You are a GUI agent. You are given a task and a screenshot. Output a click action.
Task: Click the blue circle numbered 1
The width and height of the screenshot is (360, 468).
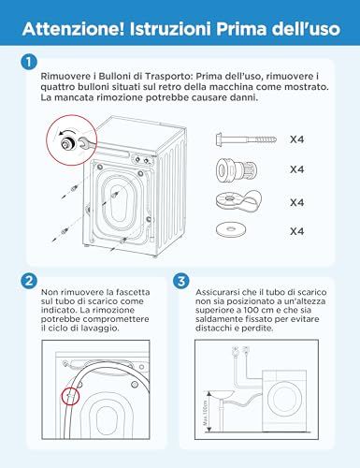pyautogui.click(x=29, y=62)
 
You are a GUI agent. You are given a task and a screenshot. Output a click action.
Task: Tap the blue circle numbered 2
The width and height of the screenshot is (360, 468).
pyautogui.click(x=29, y=281)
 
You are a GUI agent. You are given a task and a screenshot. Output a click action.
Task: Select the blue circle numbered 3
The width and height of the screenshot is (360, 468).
pyautogui.click(x=180, y=281)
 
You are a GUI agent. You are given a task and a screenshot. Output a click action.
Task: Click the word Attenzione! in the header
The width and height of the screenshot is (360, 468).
pyautogui.click(x=74, y=29)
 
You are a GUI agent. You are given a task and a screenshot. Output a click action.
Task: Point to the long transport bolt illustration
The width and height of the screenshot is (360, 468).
pyautogui.click(x=246, y=139)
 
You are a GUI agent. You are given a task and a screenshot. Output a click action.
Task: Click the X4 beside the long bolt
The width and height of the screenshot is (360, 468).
pyautogui.click(x=296, y=139)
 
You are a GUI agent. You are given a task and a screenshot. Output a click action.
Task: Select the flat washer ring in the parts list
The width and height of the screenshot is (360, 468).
pyautogui.click(x=230, y=229)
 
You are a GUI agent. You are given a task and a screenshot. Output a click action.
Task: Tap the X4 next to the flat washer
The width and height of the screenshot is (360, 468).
pyautogui.click(x=296, y=231)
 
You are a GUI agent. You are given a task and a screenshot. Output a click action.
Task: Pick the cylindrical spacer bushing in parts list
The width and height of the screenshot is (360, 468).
pyautogui.click(x=237, y=169)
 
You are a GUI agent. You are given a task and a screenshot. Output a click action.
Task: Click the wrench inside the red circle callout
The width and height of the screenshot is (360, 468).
pyautogui.click(x=89, y=144)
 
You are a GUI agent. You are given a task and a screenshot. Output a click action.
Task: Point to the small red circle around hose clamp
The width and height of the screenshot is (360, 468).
pyautogui.click(x=71, y=396)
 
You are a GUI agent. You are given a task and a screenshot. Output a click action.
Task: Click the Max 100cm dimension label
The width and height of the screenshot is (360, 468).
pyautogui.click(x=205, y=414)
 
